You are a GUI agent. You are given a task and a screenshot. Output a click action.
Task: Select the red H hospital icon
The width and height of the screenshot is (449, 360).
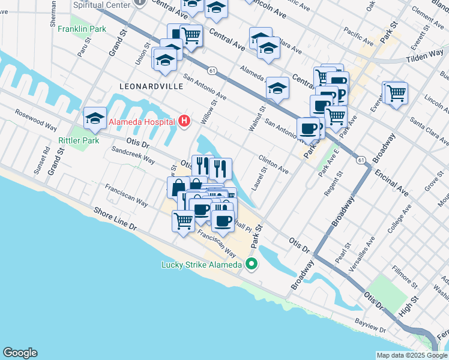[185, 122]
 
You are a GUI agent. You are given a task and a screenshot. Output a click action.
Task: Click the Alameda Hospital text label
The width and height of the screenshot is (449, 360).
[142, 122]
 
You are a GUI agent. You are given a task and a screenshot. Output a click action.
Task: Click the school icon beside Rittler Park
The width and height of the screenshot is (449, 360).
[95, 118]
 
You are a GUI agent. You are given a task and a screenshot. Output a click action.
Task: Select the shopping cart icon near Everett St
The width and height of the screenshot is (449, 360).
[396, 93]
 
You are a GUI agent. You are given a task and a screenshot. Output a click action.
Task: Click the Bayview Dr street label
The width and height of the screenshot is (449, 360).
[370, 326]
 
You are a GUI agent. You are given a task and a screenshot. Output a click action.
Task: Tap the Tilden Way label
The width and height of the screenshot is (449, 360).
[424, 55]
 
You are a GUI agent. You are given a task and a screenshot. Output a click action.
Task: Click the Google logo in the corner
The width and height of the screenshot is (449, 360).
[20, 353]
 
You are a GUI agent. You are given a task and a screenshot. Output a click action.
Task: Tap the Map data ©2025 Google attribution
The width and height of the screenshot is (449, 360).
[411, 355]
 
